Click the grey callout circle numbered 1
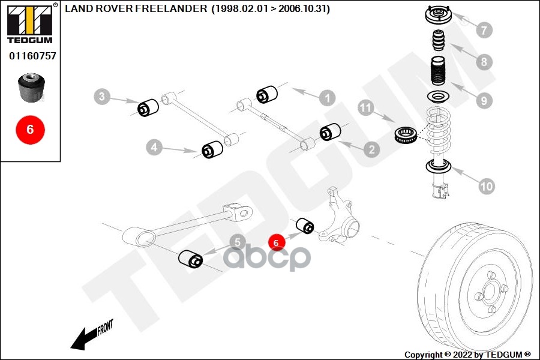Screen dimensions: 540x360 click(x=327, y=97)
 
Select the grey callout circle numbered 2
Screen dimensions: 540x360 click(x=371, y=149)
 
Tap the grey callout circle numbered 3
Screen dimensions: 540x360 click(x=103, y=96)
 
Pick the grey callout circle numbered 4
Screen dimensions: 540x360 click(x=154, y=146)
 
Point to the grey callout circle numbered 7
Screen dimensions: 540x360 click(x=484, y=29)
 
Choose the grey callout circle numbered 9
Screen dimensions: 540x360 click(x=484, y=101)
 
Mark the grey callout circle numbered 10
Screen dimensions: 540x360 click(x=487, y=187)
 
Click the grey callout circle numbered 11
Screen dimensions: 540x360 click(x=367, y=108)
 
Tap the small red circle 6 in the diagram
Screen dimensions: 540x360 click(x=276, y=243)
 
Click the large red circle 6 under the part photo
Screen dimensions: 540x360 click(x=30, y=129)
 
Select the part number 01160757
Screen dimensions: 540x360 click(x=32, y=56)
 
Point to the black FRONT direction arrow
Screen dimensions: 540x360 click(x=90, y=336)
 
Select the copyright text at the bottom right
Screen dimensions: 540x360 click(x=468, y=355)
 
